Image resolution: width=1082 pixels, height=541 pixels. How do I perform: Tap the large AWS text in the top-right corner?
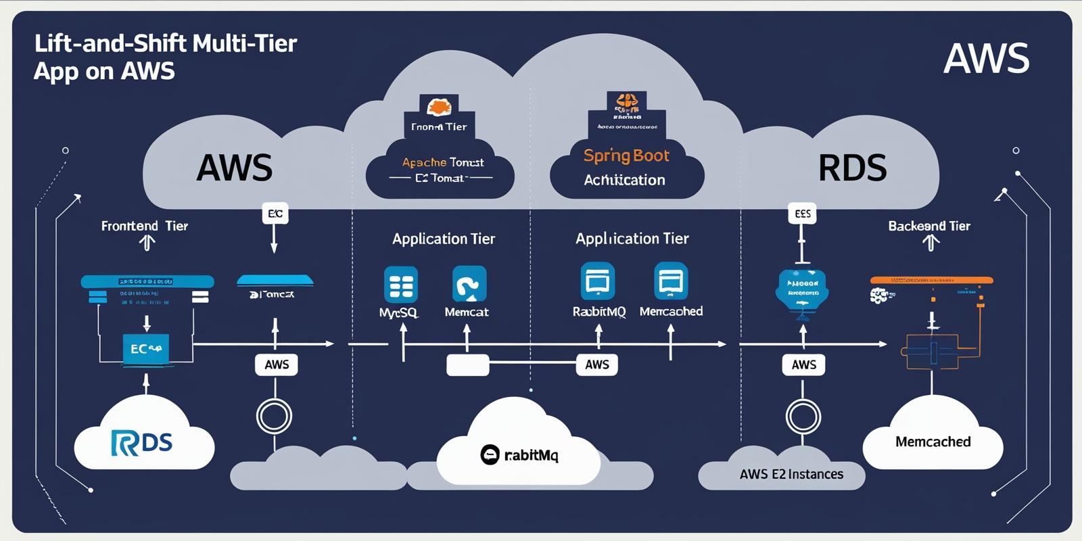986,59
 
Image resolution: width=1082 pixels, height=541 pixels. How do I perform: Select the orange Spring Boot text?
626,156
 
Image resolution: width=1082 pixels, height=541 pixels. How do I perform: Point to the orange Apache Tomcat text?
443,162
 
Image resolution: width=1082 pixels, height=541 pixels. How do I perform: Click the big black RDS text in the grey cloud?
852,168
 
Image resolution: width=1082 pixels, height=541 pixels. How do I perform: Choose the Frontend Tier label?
144,226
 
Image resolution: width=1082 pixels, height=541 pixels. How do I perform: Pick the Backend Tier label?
928,226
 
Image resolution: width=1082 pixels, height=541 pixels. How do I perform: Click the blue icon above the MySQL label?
401,284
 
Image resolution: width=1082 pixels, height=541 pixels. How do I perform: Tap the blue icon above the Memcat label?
469,284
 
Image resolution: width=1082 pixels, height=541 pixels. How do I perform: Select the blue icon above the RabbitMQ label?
598,281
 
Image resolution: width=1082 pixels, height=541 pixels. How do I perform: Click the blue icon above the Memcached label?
671,281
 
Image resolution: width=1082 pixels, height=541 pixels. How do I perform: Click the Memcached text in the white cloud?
933,442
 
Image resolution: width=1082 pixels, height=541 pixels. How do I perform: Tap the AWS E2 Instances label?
791,474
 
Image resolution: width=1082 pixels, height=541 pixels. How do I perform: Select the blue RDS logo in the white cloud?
142,442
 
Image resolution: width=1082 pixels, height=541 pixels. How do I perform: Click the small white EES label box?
802,214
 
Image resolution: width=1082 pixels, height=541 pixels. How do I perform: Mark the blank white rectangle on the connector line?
468,365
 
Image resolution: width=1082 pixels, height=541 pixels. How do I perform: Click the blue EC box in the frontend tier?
145,349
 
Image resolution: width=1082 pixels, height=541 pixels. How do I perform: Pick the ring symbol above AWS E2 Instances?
803,416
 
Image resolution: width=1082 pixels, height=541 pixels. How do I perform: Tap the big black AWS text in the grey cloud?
234,168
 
